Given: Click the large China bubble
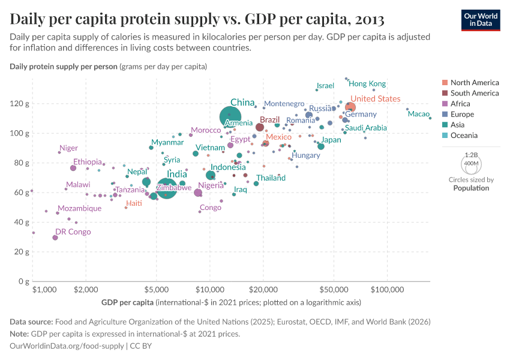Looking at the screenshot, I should coord(231,117).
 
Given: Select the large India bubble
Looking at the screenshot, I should coord(167,188).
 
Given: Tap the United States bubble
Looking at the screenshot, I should coord(350,107).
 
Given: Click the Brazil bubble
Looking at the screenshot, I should coord(260,127).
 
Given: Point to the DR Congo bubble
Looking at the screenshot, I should coord(55,238).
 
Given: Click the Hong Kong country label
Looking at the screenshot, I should coord(367,84).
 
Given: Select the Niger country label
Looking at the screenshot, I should coord(68,148).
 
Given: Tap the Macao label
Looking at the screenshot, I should coord(419,114).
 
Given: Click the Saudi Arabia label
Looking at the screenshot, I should coord(365,128).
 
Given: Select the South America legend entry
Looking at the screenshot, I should coord(474,93).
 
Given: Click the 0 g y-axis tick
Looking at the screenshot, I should coord(22,281).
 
